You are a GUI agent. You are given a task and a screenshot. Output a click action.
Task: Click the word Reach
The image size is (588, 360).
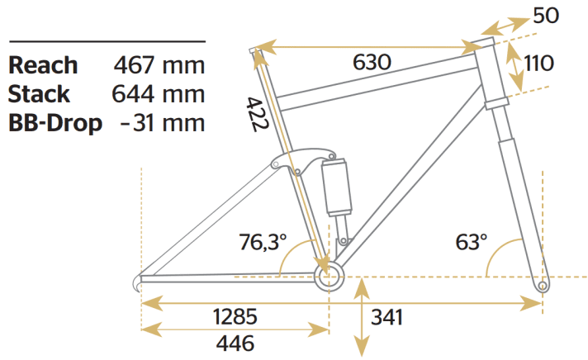pyautogui.click(x=43, y=65)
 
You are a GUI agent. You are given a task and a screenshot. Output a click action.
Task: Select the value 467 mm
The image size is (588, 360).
pyautogui.click(x=158, y=65)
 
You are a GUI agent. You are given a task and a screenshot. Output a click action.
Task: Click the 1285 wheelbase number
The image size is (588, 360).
pyautogui.click(x=235, y=316)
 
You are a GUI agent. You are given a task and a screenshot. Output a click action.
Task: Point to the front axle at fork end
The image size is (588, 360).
pyautogui.click(x=542, y=286)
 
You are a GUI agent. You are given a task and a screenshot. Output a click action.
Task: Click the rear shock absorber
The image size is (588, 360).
pyautogui.click(x=338, y=186)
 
